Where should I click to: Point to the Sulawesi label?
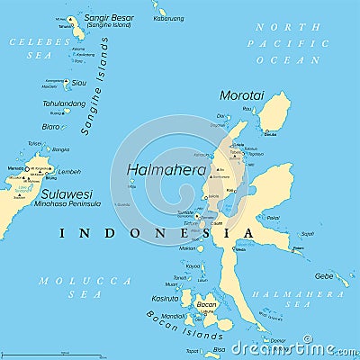66,193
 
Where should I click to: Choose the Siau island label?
79,83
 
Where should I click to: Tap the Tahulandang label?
64,103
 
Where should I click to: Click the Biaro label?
52,126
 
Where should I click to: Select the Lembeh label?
69,171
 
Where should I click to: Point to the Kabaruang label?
167,18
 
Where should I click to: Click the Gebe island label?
323,275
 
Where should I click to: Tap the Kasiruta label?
165,298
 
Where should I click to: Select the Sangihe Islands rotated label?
94,86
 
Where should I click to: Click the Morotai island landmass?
274,112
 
